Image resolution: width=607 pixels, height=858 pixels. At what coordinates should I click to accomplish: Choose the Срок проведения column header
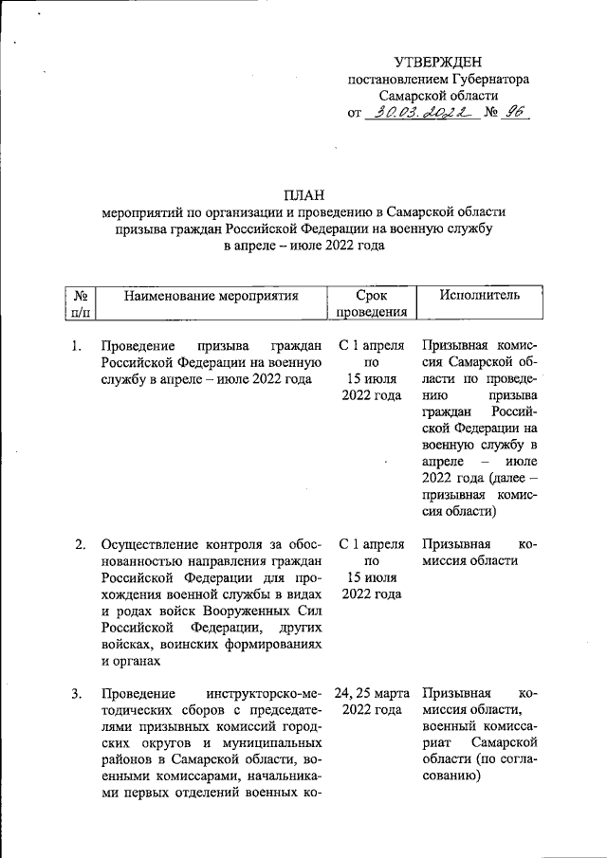click(372, 303)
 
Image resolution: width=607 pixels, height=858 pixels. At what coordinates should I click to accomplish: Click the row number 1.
click(76, 344)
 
